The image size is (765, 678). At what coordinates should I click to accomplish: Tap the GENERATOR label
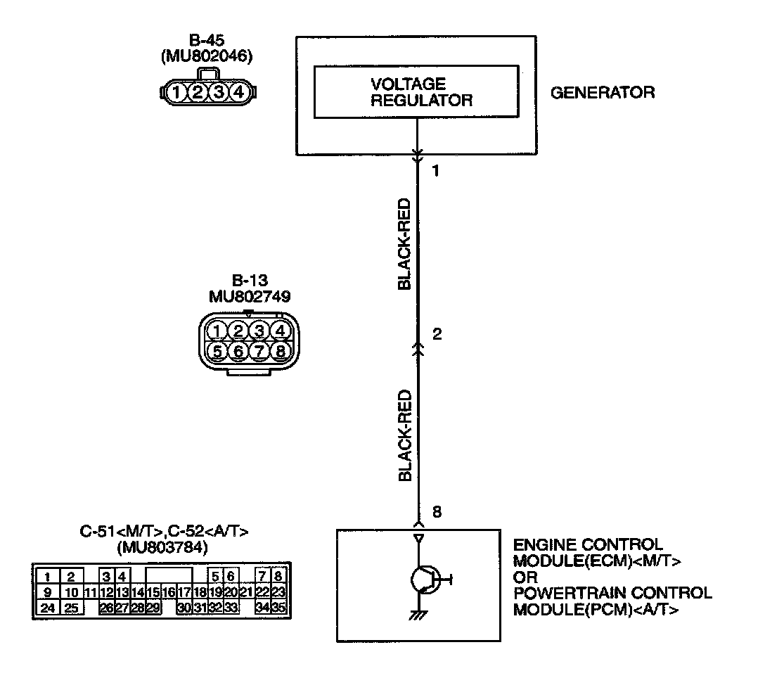(x=602, y=92)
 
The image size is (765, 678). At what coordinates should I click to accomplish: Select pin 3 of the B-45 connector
(x=219, y=91)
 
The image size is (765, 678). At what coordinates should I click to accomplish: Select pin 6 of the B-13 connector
(x=238, y=350)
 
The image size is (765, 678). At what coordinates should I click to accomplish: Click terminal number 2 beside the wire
(x=437, y=335)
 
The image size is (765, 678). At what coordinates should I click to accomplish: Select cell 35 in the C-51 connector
(x=278, y=608)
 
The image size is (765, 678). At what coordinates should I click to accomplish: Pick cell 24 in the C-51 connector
(x=47, y=608)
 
